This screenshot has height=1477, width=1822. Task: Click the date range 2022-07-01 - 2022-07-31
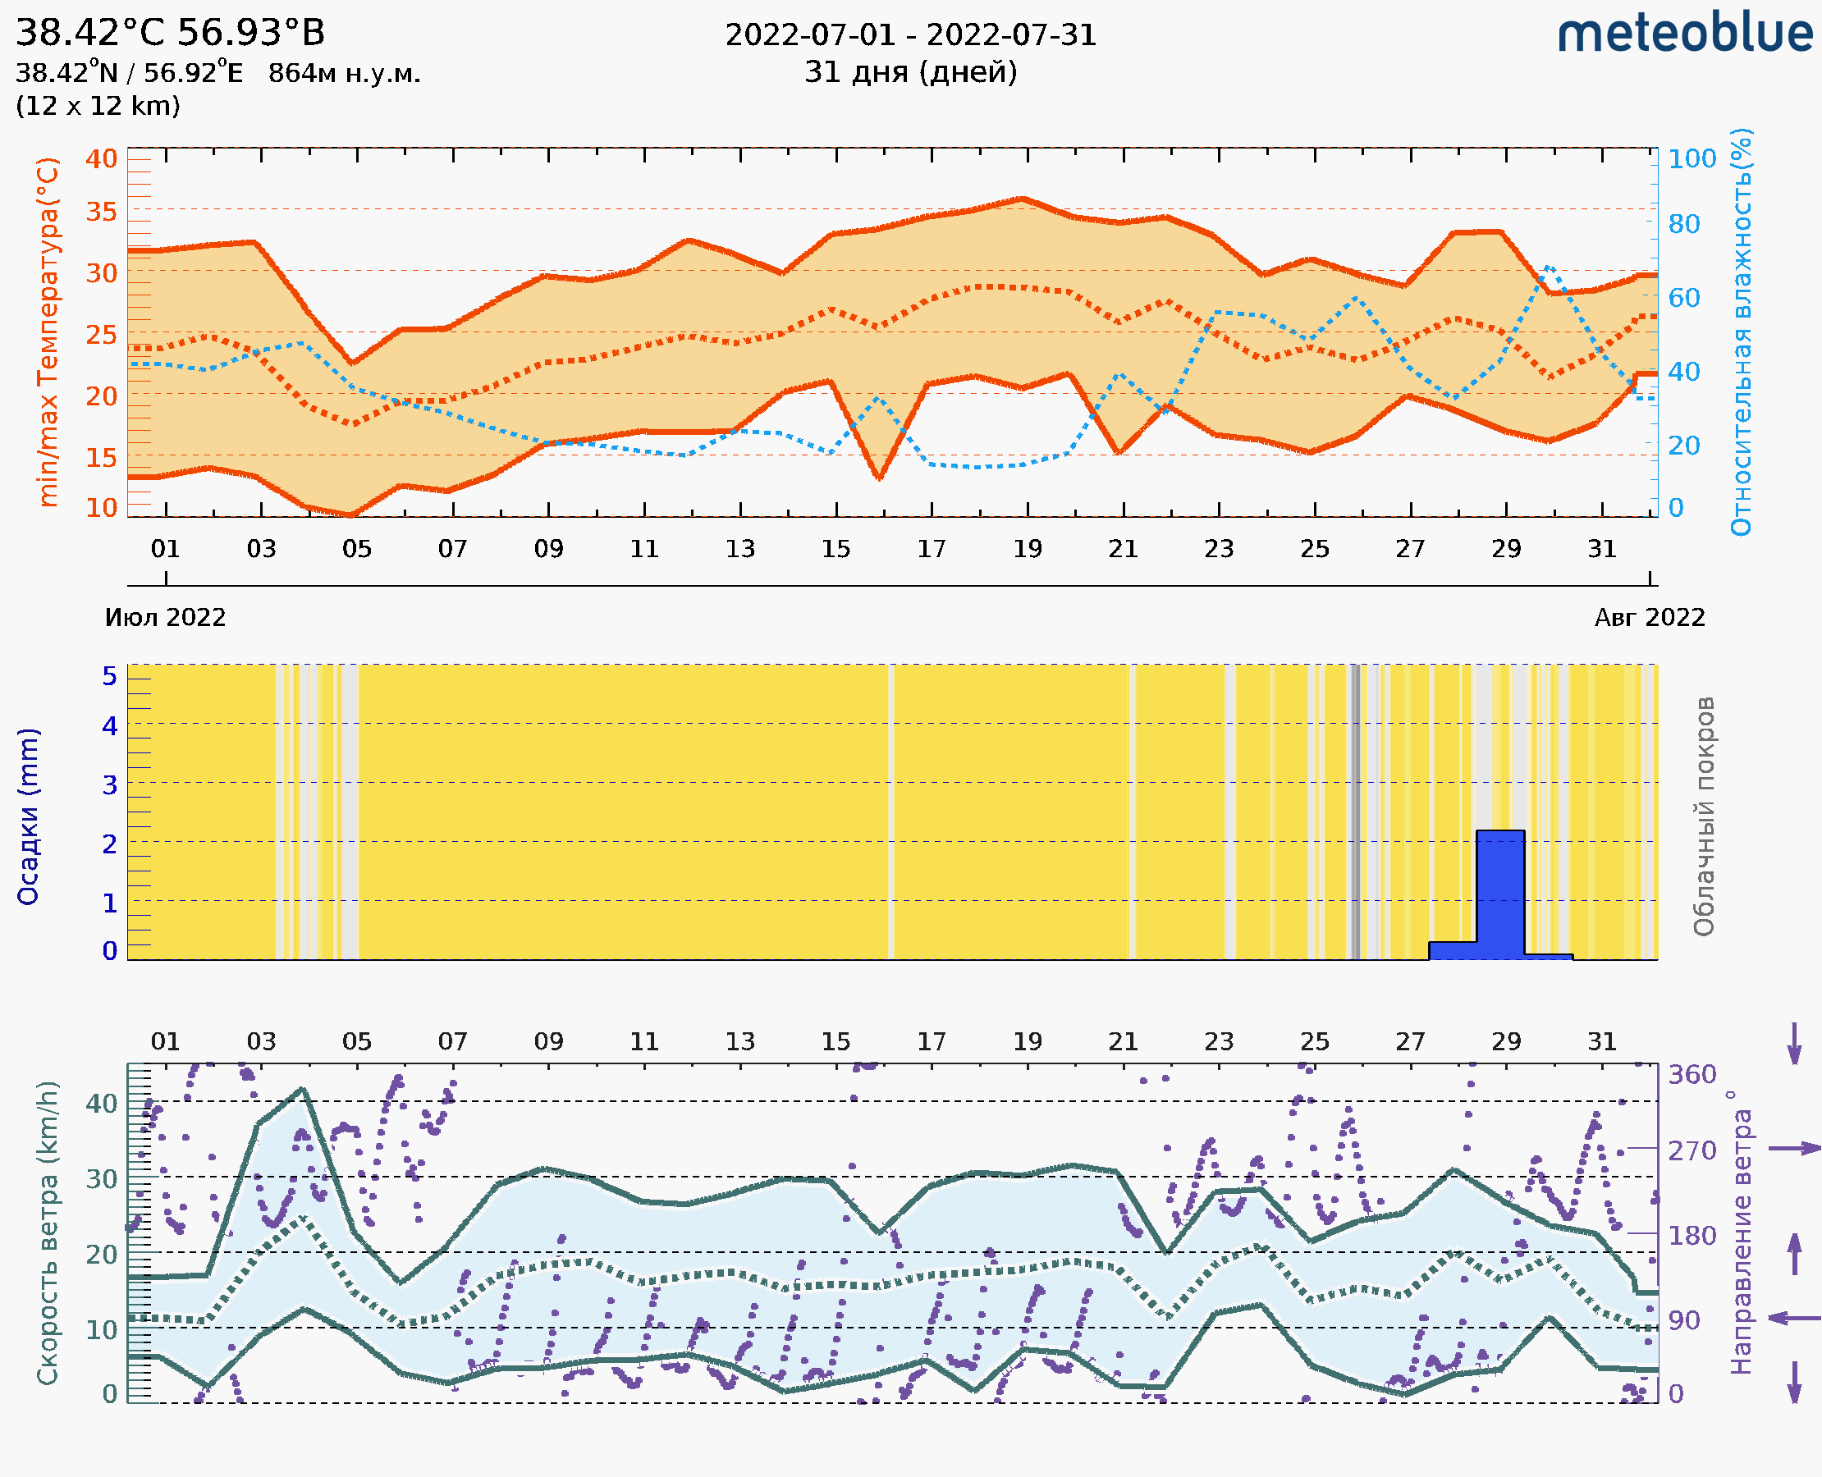tap(910, 36)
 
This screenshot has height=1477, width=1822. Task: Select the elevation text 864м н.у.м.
tap(344, 74)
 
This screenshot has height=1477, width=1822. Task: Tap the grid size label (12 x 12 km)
tap(98, 107)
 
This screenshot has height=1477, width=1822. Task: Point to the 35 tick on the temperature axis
tap(101, 211)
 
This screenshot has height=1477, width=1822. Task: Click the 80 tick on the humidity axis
tap(1683, 225)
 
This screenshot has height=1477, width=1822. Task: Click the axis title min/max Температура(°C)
tap(48, 332)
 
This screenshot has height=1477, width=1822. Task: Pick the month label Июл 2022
tap(165, 618)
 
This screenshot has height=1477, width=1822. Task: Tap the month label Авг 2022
tap(1650, 618)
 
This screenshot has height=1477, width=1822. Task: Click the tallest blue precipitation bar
tap(1499, 894)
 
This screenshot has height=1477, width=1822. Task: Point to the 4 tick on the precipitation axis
tap(110, 725)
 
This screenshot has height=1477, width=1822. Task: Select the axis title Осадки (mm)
tap(28, 816)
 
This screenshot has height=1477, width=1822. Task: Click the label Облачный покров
tap(1703, 816)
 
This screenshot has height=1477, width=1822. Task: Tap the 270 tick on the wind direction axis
tap(1692, 1151)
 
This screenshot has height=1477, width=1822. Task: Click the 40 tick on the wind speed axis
tap(101, 1104)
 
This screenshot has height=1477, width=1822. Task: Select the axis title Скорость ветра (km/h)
tap(48, 1232)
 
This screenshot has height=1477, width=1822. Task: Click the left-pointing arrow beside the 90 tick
tap(1794, 1319)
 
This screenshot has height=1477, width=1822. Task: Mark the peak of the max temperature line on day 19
tap(1023, 199)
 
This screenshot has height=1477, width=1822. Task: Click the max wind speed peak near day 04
tap(302, 1089)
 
